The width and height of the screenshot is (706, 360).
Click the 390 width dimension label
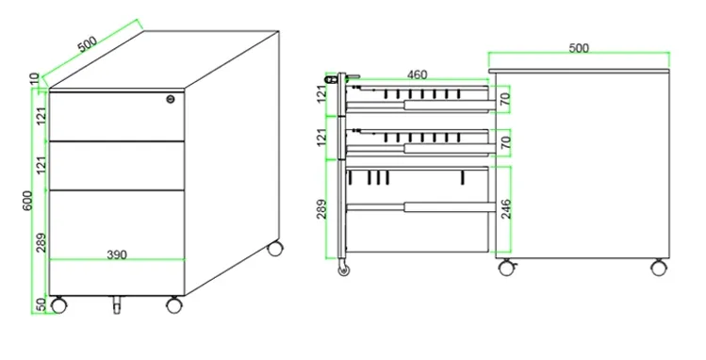pos(117,254)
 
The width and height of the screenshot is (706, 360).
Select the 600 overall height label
pos(27,201)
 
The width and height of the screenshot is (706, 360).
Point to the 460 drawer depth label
pos(417,74)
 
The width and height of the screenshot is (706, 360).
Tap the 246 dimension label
pos(506,209)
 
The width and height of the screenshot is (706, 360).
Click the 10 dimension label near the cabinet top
pos(35,79)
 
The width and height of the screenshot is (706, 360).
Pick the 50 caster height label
pos(41,304)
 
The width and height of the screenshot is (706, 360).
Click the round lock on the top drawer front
pos(171,99)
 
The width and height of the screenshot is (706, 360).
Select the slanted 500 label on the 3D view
pos(88,44)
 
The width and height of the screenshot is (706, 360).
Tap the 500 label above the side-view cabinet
pos(579,48)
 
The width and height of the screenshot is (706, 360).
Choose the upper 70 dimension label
pos(505,99)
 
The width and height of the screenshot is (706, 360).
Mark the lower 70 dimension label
pos(505,142)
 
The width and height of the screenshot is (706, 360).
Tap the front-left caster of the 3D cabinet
pos(58,305)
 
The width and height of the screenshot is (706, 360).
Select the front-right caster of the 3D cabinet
pos(174,305)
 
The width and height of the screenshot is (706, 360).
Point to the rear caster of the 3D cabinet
pos(275,249)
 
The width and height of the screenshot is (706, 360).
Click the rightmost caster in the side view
pos(659,268)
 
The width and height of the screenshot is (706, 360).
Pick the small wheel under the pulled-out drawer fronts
pos(344,270)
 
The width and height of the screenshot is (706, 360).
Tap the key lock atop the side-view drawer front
pos(331,80)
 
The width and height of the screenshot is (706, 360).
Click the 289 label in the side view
pos(321,209)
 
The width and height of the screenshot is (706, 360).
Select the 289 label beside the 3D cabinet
pos(41,242)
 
